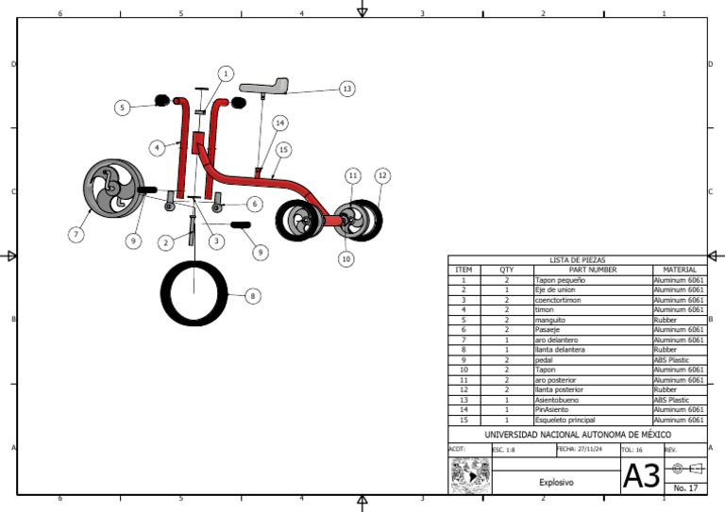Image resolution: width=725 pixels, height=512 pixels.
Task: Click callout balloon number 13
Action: [347, 89]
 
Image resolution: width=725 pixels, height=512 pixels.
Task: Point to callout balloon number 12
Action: [382, 175]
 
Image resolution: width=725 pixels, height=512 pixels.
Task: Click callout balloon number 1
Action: [226, 73]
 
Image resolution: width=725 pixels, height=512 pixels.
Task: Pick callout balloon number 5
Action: [123, 107]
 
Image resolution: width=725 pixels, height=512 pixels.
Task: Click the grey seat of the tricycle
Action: [263, 87]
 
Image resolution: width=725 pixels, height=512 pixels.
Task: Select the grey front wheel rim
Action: [111, 187]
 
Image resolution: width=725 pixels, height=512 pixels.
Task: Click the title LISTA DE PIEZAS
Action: [578, 259]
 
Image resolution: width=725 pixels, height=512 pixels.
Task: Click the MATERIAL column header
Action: [680, 269]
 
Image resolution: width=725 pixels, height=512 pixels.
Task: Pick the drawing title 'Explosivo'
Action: [556, 482]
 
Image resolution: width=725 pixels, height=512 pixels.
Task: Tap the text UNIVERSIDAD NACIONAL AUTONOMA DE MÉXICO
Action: [578, 434]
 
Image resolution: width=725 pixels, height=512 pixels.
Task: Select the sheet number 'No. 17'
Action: [686, 488]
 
